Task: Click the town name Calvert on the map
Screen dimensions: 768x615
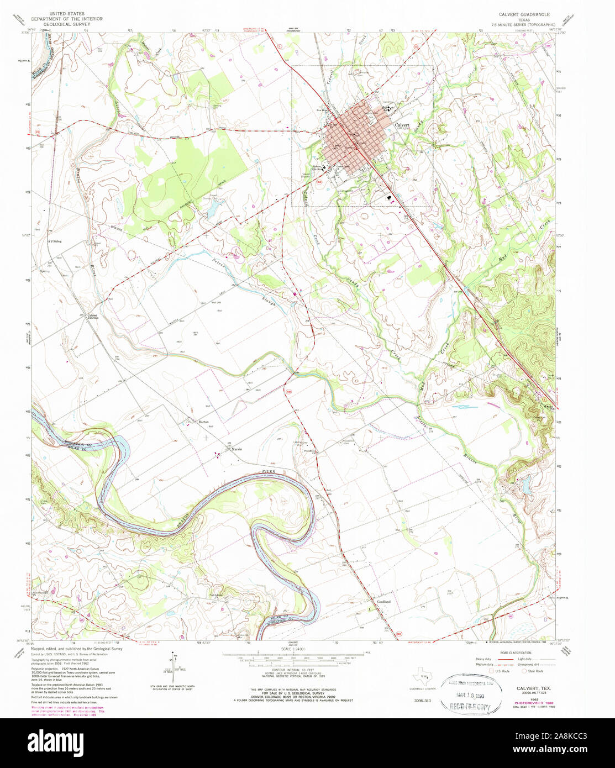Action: click(x=402, y=125)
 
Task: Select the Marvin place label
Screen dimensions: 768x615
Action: click(x=237, y=449)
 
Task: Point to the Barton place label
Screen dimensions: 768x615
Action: click(x=203, y=422)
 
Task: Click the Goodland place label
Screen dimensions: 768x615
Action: click(x=383, y=602)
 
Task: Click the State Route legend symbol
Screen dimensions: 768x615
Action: click(x=525, y=671)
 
